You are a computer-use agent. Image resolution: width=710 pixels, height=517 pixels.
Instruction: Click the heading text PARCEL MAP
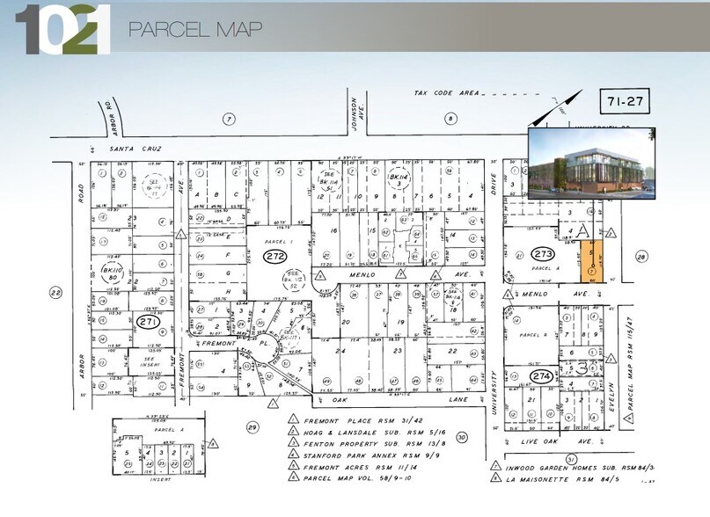[x=195, y=29]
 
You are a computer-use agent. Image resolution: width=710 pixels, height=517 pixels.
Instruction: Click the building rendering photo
[x=591, y=164]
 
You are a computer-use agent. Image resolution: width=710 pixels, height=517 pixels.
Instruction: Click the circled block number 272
[x=273, y=256]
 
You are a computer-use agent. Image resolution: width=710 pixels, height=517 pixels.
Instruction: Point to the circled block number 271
[x=147, y=324]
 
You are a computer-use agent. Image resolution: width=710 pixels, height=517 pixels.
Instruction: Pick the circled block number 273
[x=543, y=255]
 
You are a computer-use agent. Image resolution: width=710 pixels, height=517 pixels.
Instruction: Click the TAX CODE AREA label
[x=446, y=92]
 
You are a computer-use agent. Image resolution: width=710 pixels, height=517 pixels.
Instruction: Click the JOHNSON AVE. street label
[x=354, y=112]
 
